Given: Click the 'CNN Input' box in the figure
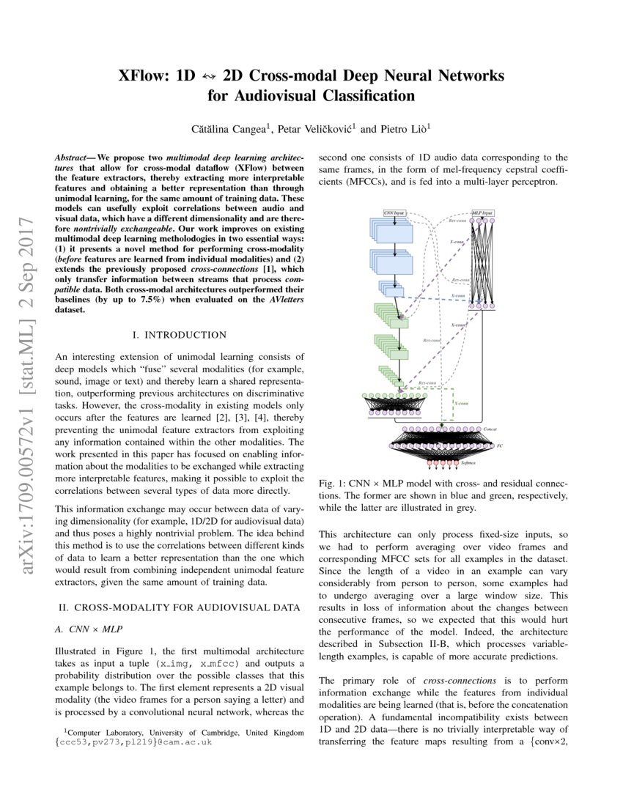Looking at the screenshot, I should [x=394, y=212].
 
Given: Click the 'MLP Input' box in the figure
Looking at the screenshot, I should [x=482, y=212].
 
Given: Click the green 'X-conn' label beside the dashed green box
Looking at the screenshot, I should [x=461, y=402].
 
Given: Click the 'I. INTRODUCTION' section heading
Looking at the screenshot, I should [x=180, y=335].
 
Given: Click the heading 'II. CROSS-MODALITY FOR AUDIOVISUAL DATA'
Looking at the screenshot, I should [x=179, y=607].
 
